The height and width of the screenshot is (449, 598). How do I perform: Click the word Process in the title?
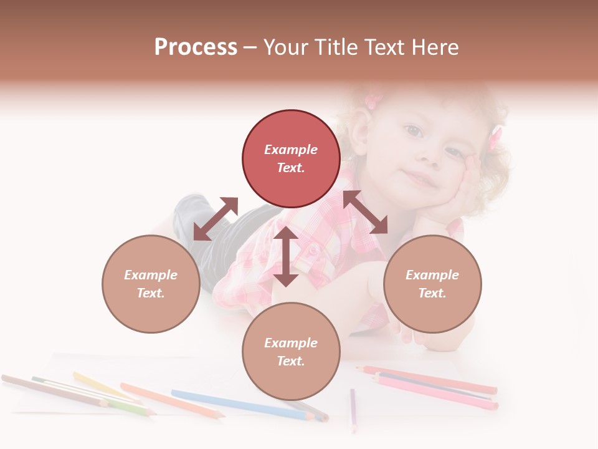coord(196,47)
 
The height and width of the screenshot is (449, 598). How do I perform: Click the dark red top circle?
coord(291,158)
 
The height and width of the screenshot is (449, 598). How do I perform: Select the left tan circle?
coord(151,284)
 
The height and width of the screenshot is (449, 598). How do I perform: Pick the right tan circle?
coord(432,284)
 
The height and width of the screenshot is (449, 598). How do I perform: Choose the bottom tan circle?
coord(291,352)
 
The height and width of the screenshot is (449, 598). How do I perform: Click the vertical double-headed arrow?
coord(286,256)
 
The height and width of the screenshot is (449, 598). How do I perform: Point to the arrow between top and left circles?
coord(216,219)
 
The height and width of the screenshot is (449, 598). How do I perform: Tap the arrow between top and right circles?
coord(365,212)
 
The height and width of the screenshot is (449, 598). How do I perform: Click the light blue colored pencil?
coord(243,404)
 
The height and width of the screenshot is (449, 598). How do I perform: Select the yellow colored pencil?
coord(100,385)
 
